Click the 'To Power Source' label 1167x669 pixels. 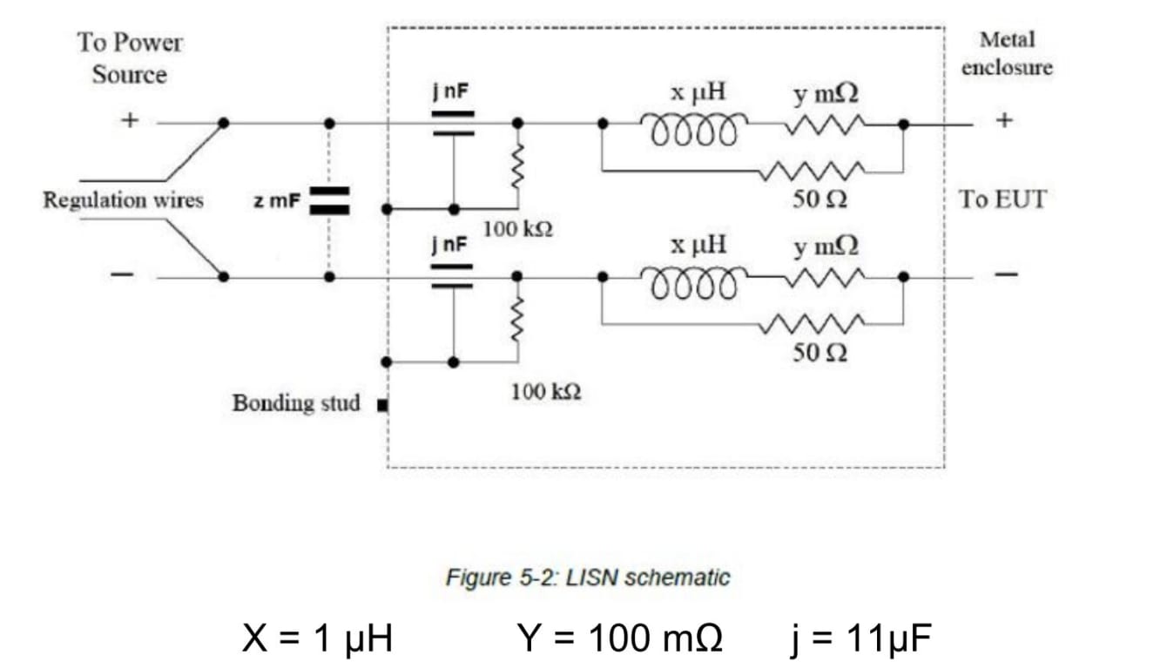coord(130,58)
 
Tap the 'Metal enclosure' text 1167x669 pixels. coord(1007,53)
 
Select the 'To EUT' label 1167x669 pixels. coord(1002,199)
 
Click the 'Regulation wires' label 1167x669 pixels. coord(123,200)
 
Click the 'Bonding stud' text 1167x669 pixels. coord(295,403)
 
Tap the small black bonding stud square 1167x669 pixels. coord(381,405)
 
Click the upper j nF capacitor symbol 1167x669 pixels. coord(453,124)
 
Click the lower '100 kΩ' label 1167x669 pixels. coord(546,392)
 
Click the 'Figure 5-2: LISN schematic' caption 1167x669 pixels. coord(588,577)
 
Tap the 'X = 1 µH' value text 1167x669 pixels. coord(317,639)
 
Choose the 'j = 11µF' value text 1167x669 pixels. coord(859,639)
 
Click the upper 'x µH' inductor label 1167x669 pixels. coord(698,91)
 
